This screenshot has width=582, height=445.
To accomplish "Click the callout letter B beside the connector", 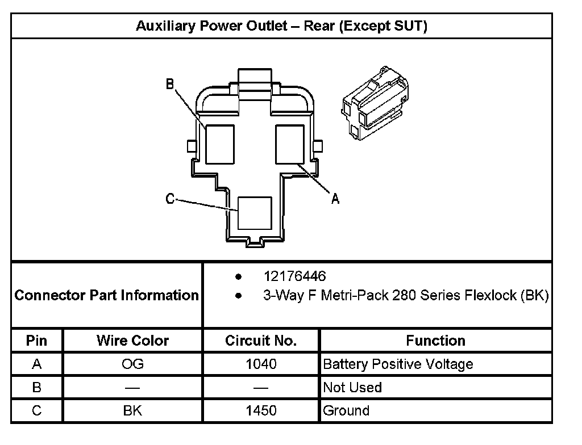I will pos(170,85).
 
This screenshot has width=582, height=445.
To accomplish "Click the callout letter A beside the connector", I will pos(335,198).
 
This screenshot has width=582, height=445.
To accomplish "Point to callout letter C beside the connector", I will pos(170,199).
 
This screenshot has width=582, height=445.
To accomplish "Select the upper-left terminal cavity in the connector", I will pos(220,144).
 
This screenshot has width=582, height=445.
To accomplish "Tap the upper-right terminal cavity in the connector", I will pos(290,144).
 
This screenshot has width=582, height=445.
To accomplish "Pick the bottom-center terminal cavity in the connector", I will pos(255,213).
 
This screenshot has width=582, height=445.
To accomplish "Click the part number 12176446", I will pos(294,276).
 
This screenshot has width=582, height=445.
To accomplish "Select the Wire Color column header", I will pos(132,341).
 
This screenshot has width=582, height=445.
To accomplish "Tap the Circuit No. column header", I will pos(261,341).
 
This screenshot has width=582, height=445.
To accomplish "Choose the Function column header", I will pos(435,341).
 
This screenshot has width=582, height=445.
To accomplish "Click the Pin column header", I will pos(37,341).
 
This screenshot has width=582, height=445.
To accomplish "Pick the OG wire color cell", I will pos(132,364).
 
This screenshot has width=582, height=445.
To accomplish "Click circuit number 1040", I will pos(261,364).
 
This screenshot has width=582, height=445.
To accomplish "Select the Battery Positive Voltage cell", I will pos(398,364).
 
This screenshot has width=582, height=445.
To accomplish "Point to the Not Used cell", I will pos(352,388).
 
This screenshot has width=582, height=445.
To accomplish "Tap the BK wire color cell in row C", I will pos(132,411).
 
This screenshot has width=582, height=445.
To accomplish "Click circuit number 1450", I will pos(261,411).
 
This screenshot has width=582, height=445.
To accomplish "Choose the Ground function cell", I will pos(346,411).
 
